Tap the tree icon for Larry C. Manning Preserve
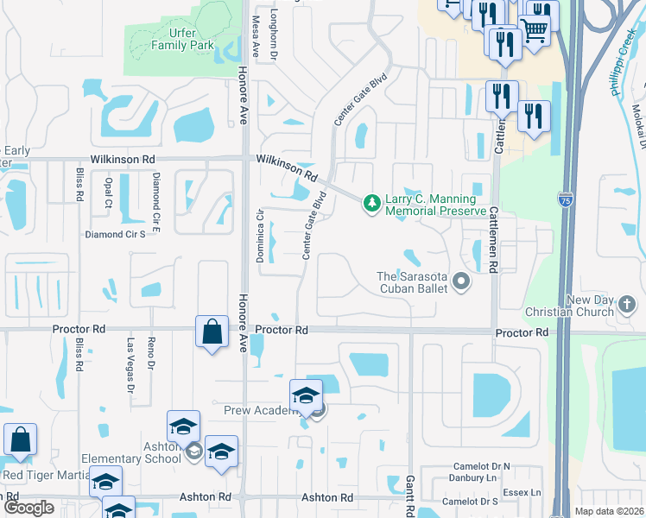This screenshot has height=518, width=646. pos(372,203)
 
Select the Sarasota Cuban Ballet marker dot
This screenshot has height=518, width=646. pos(460,281)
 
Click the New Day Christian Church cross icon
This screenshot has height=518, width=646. pos(627,305)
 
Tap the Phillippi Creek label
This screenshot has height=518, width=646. pos(623,65)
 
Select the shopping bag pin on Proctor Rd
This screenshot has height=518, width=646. pos(212,332)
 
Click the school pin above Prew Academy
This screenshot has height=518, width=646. pos(306,395)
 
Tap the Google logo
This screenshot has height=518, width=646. pos(28,508)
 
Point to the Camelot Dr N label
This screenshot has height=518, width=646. pos(482,466)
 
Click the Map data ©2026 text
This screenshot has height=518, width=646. pos(609,510)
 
